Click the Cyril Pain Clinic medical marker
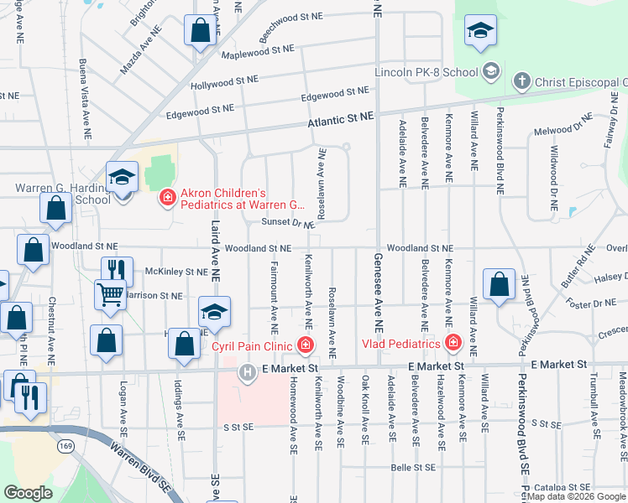[x=306, y=345]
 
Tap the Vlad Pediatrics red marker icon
[x=453, y=343]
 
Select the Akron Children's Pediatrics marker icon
[x=168, y=198]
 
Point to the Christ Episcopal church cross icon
[x=521, y=81]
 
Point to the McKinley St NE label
[x=175, y=272]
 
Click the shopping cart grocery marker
[x=110, y=294]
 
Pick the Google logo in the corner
[x=28, y=493]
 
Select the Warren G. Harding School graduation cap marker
[x=122, y=179]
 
